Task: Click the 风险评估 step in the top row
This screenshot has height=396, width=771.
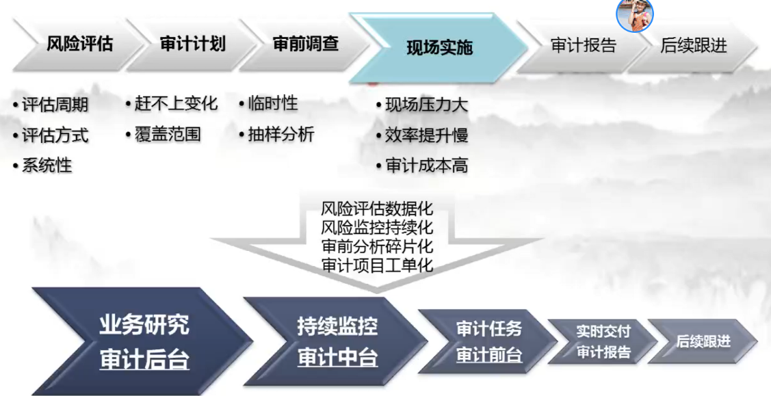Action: point(79,44)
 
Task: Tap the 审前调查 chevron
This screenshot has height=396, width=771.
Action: point(306,44)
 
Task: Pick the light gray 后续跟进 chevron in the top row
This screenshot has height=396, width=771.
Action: point(693,46)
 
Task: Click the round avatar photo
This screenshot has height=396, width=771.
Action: point(635,15)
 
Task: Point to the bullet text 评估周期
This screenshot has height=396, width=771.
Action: point(55,105)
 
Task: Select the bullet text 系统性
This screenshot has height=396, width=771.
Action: point(47,165)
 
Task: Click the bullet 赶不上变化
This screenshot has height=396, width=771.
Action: point(176,104)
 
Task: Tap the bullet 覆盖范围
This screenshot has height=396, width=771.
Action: point(168,134)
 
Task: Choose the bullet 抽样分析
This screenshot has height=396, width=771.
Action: point(280,134)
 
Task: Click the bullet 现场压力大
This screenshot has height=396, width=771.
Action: point(426,105)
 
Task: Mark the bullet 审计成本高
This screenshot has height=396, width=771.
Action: point(426,165)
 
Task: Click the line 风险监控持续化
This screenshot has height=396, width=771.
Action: point(377,227)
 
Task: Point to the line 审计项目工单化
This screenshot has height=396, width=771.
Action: point(377,265)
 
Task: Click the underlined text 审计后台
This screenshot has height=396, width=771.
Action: point(144,360)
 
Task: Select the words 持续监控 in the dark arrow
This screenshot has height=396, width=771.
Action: point(337,326)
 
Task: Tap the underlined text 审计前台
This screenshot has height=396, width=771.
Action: point(488,355)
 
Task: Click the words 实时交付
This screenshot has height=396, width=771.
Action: point(603,332)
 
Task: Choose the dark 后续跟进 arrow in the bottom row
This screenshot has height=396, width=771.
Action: point(703,341)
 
